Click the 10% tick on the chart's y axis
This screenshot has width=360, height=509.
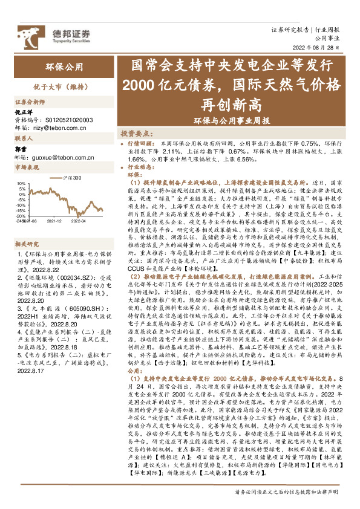pyautogui.click(x=21, y=183)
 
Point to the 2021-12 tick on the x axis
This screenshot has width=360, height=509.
pyautogui.click(x=54, y=221)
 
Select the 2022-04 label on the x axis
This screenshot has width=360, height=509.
pyautogui.click(x=80, y=221)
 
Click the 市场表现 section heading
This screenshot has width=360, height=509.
pyautogui.click(x=26, y=167)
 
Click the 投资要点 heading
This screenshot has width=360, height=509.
pyautogui.click(x=136, y=132)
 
